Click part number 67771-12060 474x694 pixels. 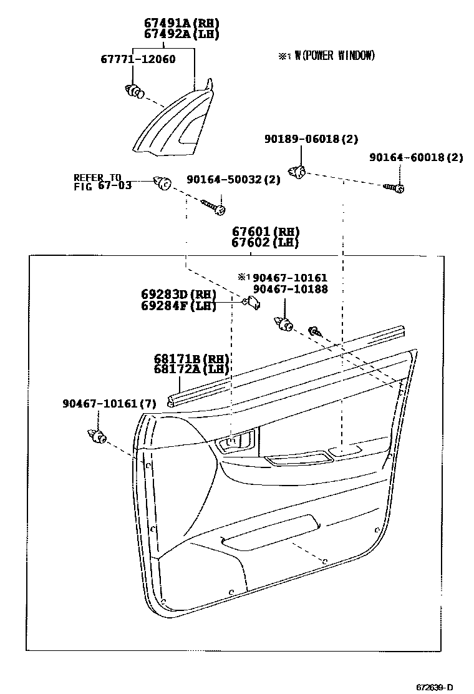pyautogui.click(x=138, y=60)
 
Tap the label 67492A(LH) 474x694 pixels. pyautogui.click(x=181, y=34)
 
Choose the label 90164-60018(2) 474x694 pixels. pyautogui.click(x=415, y=158)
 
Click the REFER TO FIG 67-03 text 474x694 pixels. pyautogui.click(x=102, y=182)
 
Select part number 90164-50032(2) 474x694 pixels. pyautogui.click(x=233, y=180)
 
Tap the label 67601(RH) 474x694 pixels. pyautogui.click(x=265, y=232)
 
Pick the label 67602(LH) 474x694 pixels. pyautogui.click(x=265, y=243)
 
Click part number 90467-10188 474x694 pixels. pyautogui.click(x=289, y=289)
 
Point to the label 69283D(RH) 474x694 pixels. pyautogui.click(x=179, y=295)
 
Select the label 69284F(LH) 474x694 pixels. pyautogui.click(x=179, y=306)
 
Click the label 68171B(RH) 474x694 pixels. pyautogui.click(x=191, y=359)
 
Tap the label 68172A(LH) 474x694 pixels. pyautogui.click(x=191, y=370)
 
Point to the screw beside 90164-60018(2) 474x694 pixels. pyautogui.click(x=395, y=187)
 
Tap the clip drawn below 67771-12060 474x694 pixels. pyautogui.click(x=133, y=92)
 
